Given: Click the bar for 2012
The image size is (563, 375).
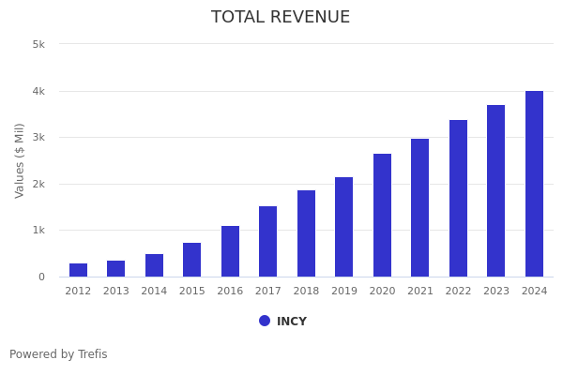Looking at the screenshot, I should [78, 270].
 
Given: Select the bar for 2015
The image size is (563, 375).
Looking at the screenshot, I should [191, 260].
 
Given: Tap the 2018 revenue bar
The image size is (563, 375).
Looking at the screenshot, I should [306, 233].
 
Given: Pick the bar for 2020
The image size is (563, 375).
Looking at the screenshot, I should [382, 216].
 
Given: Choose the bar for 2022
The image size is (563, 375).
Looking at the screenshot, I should [458, 199].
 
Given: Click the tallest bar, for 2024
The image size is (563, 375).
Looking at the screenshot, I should [534, 184].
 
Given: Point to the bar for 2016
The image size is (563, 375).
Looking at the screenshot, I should [230, 251].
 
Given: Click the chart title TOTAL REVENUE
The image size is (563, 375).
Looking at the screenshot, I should [281, 18].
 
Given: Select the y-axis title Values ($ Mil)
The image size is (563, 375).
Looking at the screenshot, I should [21, 160].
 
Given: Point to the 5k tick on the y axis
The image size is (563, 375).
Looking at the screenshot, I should [38, 44].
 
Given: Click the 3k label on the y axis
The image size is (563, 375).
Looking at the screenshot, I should [38, 137].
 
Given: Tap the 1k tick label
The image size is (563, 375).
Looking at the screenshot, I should [38, 230].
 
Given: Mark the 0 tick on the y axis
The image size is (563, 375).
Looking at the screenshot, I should [41, 277].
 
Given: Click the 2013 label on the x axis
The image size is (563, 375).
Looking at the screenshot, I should [115, 292].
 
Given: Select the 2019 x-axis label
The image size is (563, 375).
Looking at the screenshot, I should [343, 292].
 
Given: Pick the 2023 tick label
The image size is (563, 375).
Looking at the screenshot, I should [495, 292].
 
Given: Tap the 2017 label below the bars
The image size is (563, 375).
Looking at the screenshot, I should [267, 292].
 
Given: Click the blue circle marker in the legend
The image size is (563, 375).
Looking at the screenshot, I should [265, 321].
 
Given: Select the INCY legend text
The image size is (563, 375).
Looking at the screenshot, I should [292, 322].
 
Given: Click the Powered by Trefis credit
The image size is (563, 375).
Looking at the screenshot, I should [58, 354].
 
